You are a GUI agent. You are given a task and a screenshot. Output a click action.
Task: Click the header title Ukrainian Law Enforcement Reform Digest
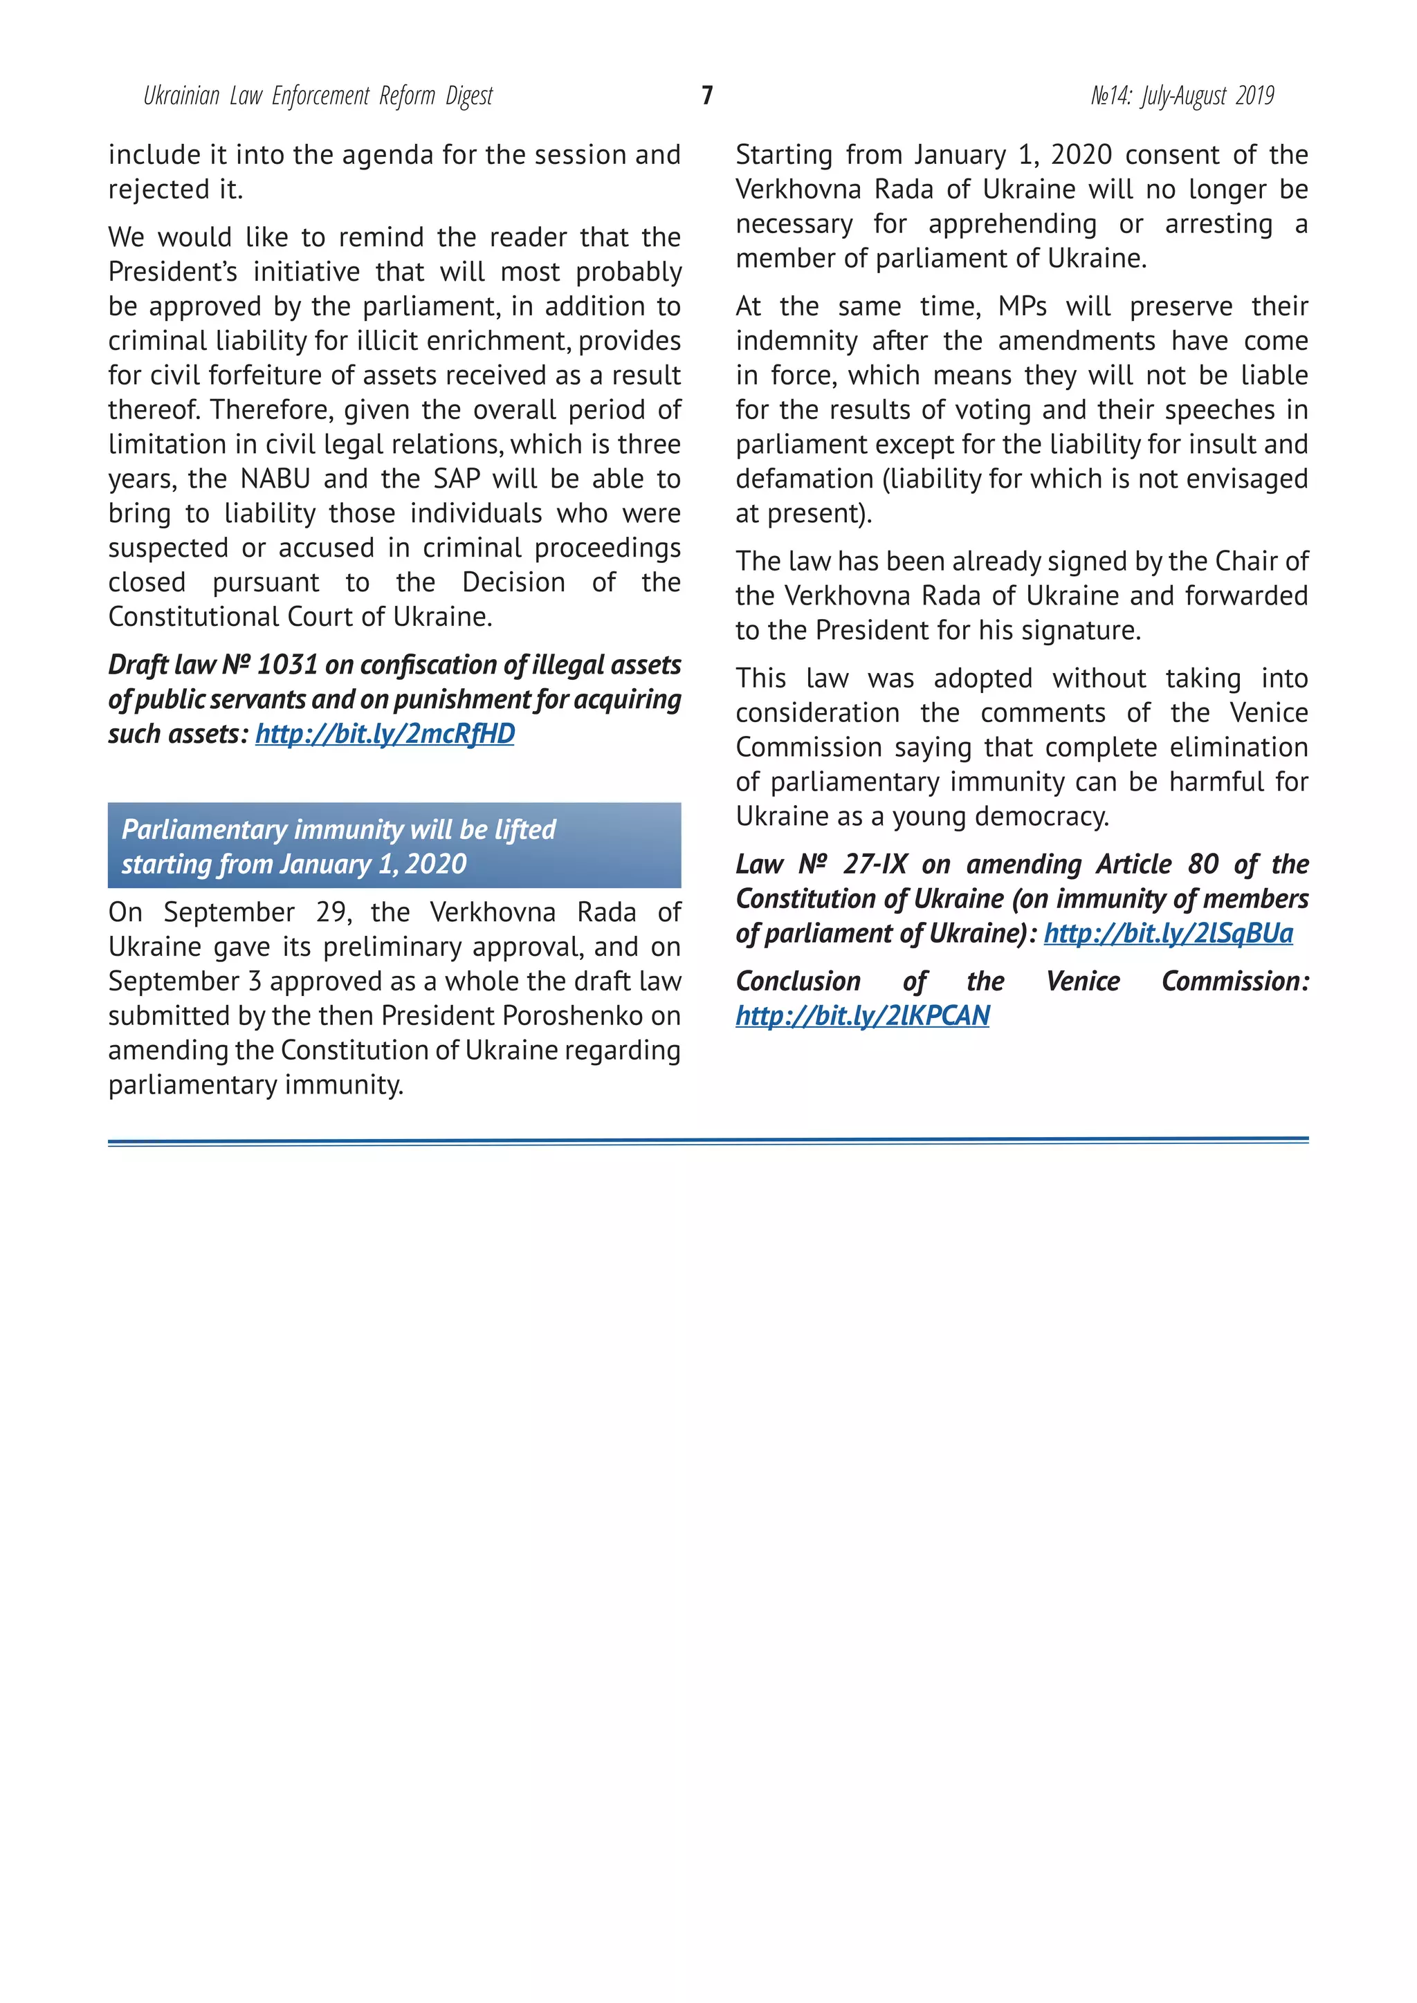pos(318,96)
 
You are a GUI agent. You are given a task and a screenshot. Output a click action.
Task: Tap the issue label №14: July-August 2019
pos(1182,96)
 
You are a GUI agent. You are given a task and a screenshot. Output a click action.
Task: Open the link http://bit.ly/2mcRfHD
pos(385,734)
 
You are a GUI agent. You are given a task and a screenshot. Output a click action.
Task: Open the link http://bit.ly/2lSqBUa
pos(1169,934)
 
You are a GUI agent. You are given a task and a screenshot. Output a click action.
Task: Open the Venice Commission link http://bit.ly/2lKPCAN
pos(862,1015)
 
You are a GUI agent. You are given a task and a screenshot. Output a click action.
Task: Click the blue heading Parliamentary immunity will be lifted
pos(338,830)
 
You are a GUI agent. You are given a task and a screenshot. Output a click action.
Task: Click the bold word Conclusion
pos(798,981)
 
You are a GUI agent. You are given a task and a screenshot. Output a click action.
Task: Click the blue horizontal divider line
pos(708,1141)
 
